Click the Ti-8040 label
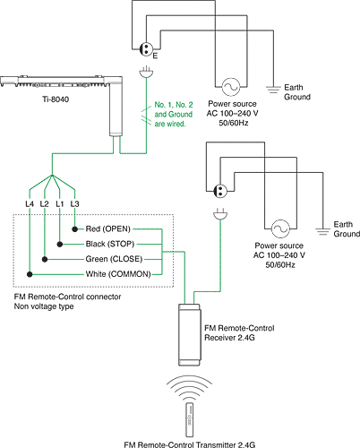[x=56, y=99]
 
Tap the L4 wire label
[x=30, y=204]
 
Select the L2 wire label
[x=44, y=204]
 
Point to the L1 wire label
[x=60, y=204]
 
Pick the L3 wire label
[x=74, y=204]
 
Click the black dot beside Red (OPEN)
[x=74, y=229]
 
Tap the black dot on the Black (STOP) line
[x=60, y=245]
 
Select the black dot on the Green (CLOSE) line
[x=45, y=259]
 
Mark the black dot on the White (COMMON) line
[x=30, y=274]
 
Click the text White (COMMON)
[x=118, y=274]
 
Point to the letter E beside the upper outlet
[x=155, y=56]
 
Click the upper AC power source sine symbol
[x=231, y=87]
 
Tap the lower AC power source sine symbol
[x=280, y=228]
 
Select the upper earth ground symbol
[x=273, y=90]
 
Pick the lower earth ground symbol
[x=323, y=231]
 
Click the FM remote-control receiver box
[x=189, y=334]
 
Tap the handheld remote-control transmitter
[x=189, y=420]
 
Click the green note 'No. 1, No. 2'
[x=174, y=105]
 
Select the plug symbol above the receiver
[x=220, y=213]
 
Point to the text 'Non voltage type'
[x=44, y=306]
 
